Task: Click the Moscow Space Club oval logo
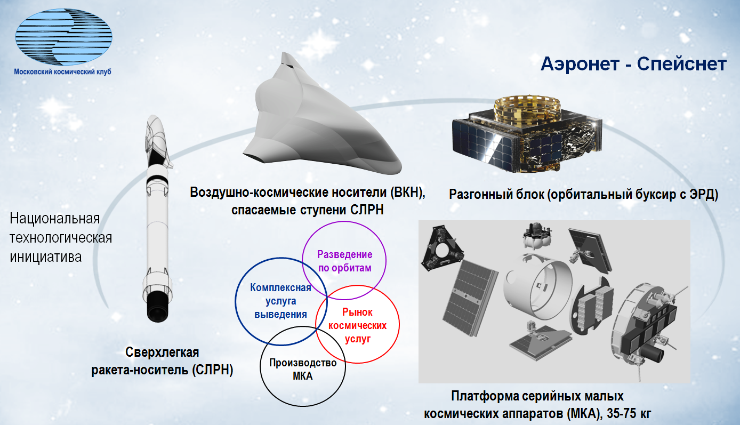(64, 37)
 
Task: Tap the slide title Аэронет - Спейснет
(633, 64)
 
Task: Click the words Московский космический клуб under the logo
(63, 71)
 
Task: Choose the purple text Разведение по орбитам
(344, 261)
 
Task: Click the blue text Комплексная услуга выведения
(280, 301)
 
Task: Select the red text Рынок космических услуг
(357, 325)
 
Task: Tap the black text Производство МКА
(303, 369)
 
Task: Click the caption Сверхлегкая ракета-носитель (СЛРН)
(162, 361)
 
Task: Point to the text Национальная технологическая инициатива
(61, 238)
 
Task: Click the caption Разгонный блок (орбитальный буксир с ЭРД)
(584, 194)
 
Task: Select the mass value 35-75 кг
(629, 413)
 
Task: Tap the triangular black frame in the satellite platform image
(442, 247)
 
